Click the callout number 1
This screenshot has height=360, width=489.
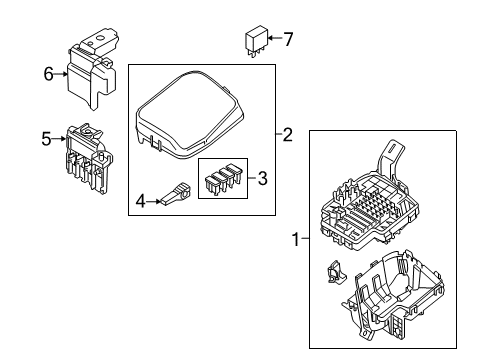pos(295,240)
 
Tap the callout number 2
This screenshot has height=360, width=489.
pos(287,135)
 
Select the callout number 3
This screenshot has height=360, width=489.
pos(263,179)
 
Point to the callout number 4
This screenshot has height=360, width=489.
pos(141,201)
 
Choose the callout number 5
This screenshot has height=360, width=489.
pos(46,139)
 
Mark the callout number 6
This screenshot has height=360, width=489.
pos(47,73)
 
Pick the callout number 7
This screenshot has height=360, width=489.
pos(288,41)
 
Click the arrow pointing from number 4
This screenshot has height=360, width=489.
pos(157,201)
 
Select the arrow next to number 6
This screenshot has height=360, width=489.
pos(60,73)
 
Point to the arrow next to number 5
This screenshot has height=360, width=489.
pos(59,139)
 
